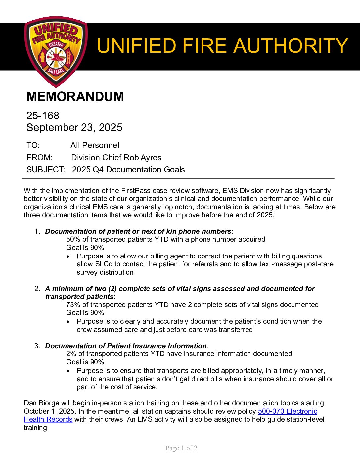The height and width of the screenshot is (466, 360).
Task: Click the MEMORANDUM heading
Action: pyautogui.click(x=75, y=97)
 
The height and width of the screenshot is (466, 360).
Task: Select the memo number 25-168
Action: pyautogui.click(x=43, y=116)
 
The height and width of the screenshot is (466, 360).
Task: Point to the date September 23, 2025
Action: pyautogui.click(x=74, y=127)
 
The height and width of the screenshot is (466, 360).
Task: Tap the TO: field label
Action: pyautogui.click(x=33, y=145)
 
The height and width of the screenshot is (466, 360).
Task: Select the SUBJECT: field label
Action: pyautogui.click(x=45, y=170)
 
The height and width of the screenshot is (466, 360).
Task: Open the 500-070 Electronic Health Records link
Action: pyautogui.click(x=287, y=411)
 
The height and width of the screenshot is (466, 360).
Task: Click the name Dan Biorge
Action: pyautogui.click(x=43, y=403)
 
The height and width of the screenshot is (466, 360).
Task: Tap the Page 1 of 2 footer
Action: pyautogui.click(x=181, y=448)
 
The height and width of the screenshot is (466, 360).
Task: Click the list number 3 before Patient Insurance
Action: pyautogui.click(x=37, y=346)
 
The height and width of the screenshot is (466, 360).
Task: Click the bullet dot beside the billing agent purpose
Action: pyautogui.click(x=68, y=256)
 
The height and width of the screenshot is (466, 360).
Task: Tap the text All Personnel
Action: pyautogui.click(x=95, y=145)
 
